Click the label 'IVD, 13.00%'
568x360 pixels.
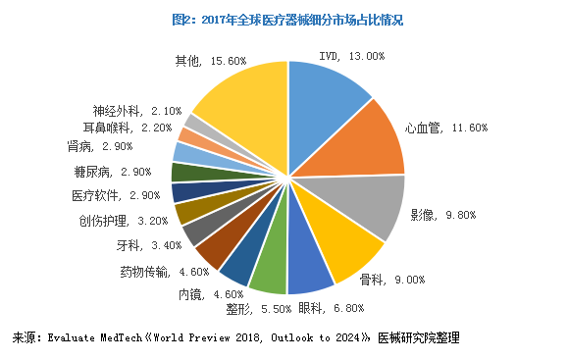[352, 56]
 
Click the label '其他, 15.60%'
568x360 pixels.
[209, 61]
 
